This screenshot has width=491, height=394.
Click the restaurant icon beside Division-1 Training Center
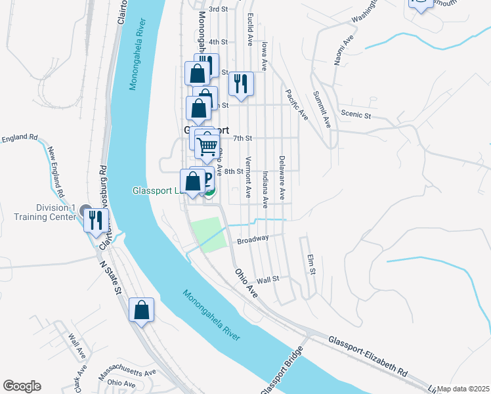95,220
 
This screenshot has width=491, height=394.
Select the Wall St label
268,279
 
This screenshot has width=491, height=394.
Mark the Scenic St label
358,115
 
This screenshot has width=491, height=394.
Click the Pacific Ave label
297,104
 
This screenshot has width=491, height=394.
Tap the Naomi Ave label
339,51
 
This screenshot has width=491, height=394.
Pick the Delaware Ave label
282,177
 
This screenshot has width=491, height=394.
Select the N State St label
111,276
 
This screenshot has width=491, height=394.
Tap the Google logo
22,386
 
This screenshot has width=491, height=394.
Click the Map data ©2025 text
463,389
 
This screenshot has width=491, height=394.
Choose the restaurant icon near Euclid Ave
241,83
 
